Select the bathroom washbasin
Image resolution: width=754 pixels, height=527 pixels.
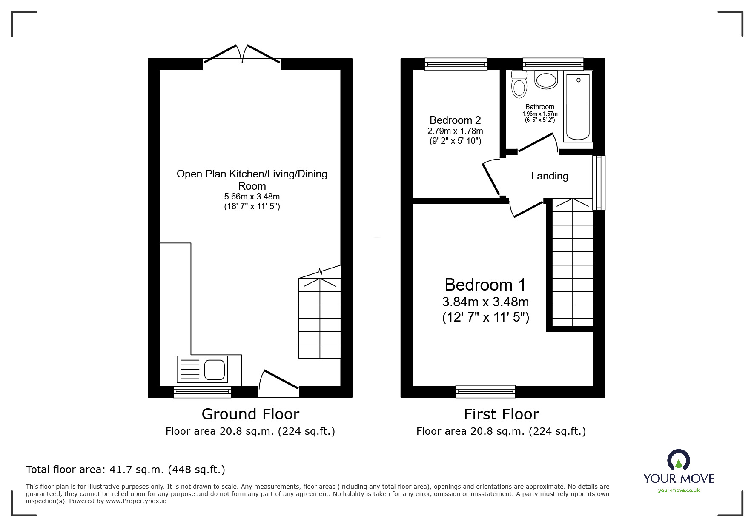(546, 80)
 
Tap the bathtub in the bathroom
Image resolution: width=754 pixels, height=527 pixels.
(578, 106)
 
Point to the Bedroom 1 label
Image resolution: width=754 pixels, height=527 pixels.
(485, 285)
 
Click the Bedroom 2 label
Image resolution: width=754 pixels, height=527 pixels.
(455, 120)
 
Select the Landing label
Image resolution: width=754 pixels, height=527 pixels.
(549, 176)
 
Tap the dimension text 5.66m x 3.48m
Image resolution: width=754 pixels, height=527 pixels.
(252, 197)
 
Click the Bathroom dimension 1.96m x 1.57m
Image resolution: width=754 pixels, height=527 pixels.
(539, 114)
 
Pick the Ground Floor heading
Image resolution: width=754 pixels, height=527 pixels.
(250, 414)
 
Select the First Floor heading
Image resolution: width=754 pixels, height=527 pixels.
(501, 414)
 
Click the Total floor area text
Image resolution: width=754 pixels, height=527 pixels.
(125, 470)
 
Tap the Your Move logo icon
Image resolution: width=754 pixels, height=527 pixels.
(678, 460)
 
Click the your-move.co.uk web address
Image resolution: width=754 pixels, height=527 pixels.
(679, 490)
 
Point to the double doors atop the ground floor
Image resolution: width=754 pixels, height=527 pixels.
(242, 55)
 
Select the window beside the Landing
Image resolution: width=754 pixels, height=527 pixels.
(599, 182)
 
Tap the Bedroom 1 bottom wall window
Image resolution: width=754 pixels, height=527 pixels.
(485, 391)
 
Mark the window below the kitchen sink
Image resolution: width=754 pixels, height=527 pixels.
(202, 391)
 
